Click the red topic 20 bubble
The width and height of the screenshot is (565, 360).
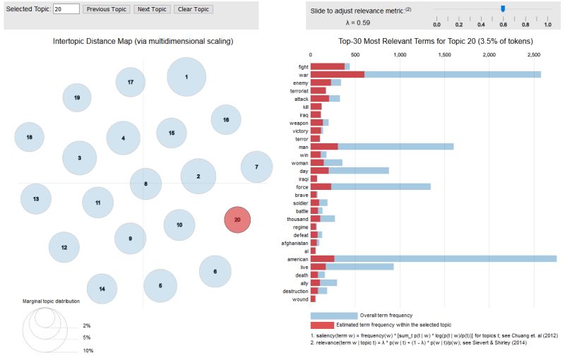point(237,220)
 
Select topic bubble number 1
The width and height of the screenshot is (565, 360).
point(186,77)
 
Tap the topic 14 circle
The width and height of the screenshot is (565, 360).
point(102,289)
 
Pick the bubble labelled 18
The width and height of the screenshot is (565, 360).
point(29,137)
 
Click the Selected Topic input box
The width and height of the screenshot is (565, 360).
point(66,9)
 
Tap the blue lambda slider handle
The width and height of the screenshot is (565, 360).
point(503,8)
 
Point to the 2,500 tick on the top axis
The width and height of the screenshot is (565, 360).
point(533,54)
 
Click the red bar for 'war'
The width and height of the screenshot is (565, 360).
point(338,74)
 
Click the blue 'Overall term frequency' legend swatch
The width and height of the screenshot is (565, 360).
point(334,316)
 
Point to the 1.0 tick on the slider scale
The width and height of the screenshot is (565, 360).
point(548,25)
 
